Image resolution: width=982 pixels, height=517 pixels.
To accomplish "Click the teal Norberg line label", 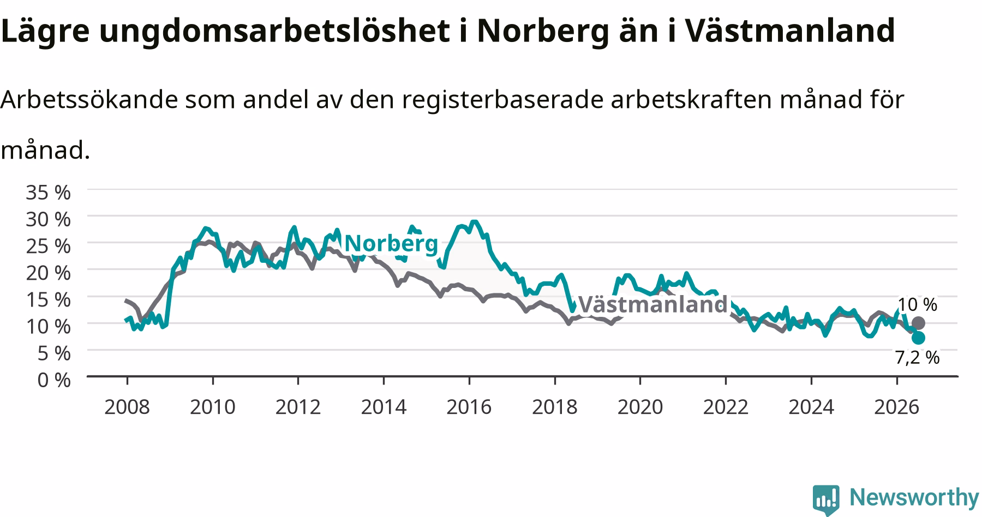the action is point(392,243).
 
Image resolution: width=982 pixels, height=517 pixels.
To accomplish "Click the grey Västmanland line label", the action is point(652,304).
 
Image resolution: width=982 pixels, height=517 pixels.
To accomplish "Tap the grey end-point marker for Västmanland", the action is point(918,323).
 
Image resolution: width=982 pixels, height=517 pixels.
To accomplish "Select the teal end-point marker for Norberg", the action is point(918,338).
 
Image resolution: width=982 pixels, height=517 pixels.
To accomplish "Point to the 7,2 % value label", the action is point(917,358).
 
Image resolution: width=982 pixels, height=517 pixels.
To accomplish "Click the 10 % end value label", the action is point(917,304).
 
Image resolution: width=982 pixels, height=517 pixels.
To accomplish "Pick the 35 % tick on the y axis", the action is point(49,192).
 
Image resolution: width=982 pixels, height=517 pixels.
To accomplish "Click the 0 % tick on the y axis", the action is point(54,380).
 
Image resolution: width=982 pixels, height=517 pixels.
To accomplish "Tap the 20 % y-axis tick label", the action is point(49,272).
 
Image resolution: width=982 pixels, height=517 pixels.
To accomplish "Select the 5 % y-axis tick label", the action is point(54,353).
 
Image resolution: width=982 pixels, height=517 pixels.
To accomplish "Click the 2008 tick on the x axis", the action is point(127,407).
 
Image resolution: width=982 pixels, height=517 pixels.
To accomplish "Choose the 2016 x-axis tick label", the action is point(469,407).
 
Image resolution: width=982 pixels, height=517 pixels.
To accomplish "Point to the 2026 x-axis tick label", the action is point(897,407).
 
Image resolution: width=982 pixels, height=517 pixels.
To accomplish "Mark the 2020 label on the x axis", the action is point(640,407).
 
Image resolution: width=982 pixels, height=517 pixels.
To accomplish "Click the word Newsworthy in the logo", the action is point(914,497).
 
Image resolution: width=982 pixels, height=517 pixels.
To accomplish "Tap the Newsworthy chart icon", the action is point(827,499).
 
